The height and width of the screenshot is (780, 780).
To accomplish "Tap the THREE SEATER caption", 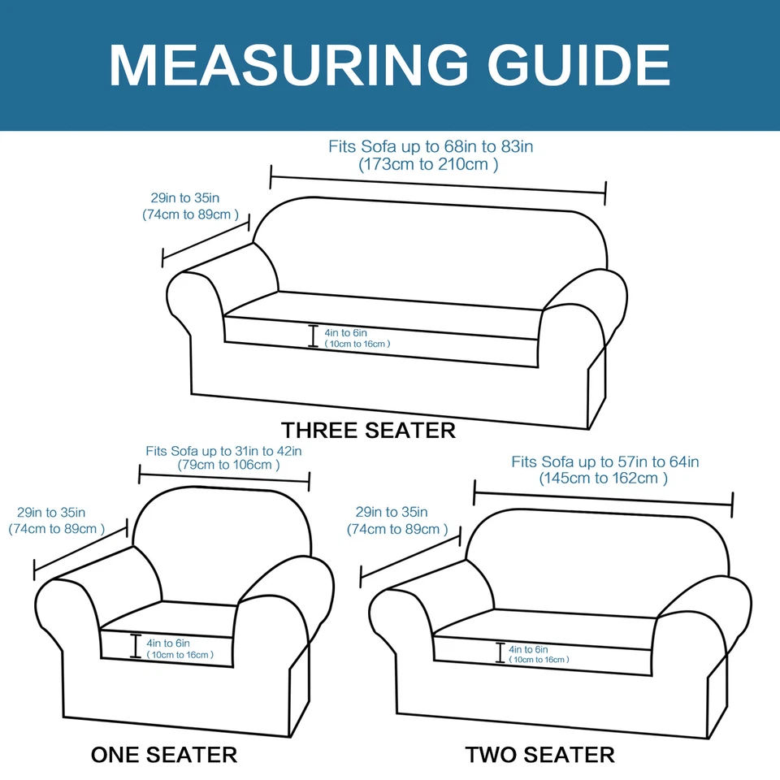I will click(x=368, y=430).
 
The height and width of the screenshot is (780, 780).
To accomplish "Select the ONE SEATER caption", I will click(x=164, y=754).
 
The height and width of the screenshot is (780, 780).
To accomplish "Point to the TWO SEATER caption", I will click(x=540, y=754).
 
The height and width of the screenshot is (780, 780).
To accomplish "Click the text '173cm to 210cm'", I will click(x=429, y=164).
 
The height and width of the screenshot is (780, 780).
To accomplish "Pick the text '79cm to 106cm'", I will click(x=229, y=466).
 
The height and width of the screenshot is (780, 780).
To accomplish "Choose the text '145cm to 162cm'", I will click(x=604, y=479).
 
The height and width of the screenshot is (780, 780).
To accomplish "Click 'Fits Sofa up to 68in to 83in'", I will click(x=431, y=147).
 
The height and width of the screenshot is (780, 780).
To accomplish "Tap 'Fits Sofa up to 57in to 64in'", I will click(x=605, y=461).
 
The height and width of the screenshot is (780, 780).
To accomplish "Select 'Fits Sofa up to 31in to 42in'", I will click(x=224, y=450).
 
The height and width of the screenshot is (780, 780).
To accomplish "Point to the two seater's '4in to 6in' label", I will click(x=528, y=649).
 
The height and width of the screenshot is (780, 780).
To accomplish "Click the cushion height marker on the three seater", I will click(x=313, y=336).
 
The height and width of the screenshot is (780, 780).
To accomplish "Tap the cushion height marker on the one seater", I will click(x=134, y=647).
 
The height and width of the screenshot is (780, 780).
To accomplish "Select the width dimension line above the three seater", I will click(x=439, y=184).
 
